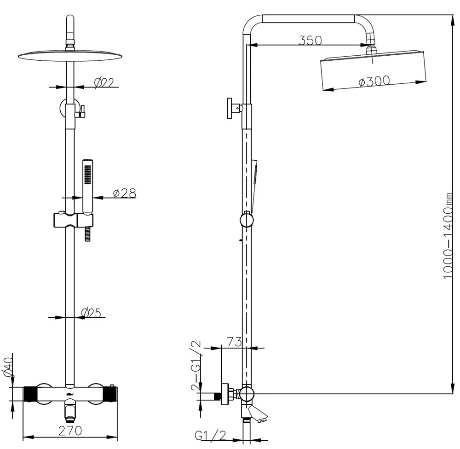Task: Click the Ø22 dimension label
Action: coord(104,82)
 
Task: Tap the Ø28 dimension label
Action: coord(125,193)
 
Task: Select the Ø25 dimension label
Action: coord(91,313)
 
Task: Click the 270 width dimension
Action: coord(70,431)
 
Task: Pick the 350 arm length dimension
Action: coord(310,40)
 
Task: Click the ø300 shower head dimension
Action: coord(374,81)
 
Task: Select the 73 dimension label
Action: coord(234,342)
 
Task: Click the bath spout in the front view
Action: coord(70,411)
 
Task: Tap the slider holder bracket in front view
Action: coord(73,220)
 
